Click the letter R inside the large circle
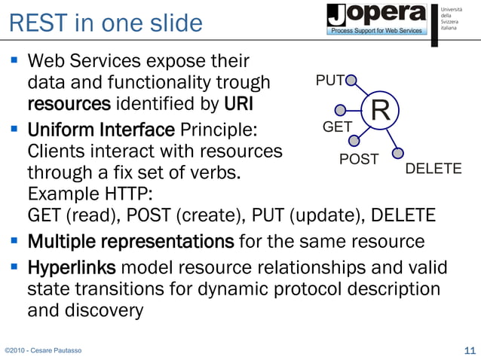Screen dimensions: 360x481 [x=380, y=112]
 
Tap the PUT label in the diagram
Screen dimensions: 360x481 [x=329, y=80]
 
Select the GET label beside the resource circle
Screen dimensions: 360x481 [x=337, y=127]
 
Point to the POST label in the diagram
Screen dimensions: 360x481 [x=358, y=159]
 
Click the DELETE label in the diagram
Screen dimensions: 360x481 [x=434, y=169]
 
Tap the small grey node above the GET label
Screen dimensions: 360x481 [x=341, y=110]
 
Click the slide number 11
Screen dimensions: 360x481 [x=469, y=350]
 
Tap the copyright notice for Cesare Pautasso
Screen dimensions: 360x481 [x=43, y=351]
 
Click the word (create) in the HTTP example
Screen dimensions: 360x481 [x=203, y=216]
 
